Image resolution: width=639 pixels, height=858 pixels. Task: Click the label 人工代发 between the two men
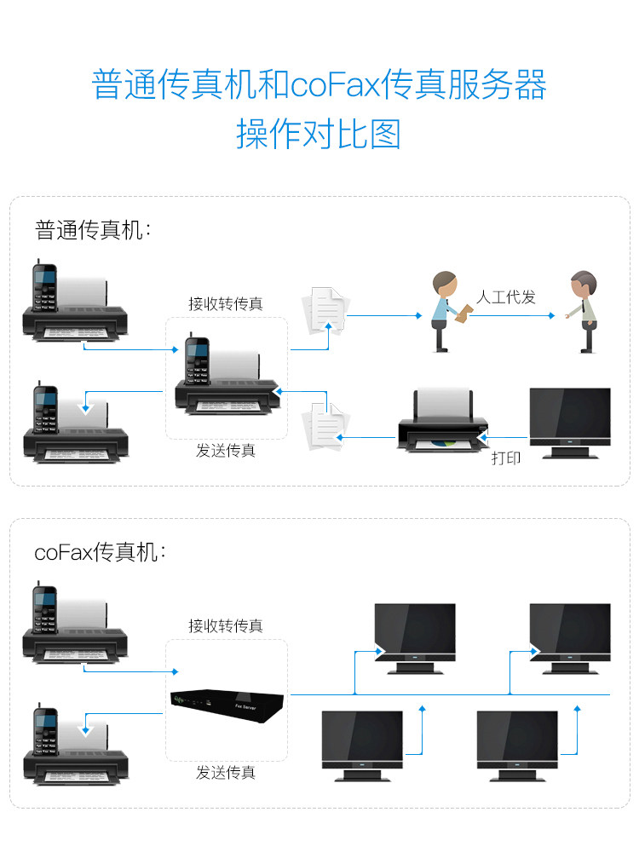coord(506,297)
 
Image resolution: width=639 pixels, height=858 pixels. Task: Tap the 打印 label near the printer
coord(506,458)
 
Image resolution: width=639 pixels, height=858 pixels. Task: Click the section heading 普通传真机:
coord(93,230)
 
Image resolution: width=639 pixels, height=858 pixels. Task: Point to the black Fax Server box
coord(226,701)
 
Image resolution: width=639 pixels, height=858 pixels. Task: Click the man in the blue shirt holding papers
coord(444,311)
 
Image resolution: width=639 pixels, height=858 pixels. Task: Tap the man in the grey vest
coord(584,311)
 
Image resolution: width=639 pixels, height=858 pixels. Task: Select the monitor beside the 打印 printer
coord(570,422)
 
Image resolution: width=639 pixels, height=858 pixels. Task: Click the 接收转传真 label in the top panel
coord(226,303)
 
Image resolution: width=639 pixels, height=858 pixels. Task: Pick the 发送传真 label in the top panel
coord(226,451)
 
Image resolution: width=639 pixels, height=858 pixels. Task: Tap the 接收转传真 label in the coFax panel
coord(226,625)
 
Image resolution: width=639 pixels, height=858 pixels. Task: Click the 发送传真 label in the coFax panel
coord(226,773)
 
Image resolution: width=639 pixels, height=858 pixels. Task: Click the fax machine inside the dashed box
coord(226,377)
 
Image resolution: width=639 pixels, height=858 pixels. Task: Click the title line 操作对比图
coord(319,135)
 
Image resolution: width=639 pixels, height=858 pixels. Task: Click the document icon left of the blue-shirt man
coord(325,309)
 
